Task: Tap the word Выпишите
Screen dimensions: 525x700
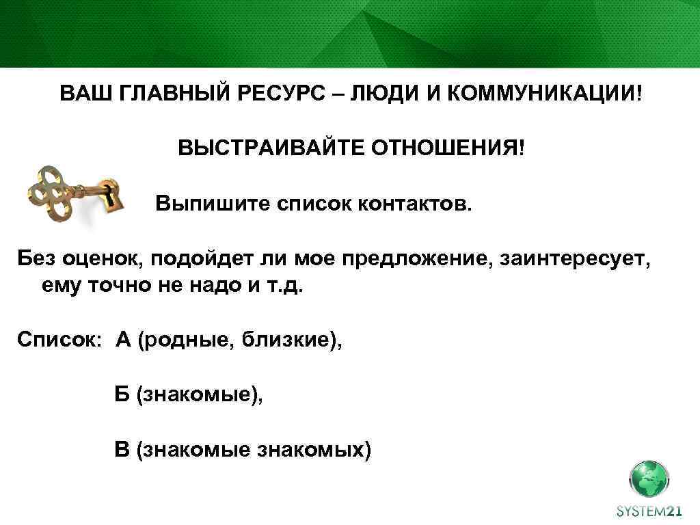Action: click(210, 203)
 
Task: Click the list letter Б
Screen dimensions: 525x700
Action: click(122, 394)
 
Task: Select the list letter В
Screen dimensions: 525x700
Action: click(122, 449)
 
